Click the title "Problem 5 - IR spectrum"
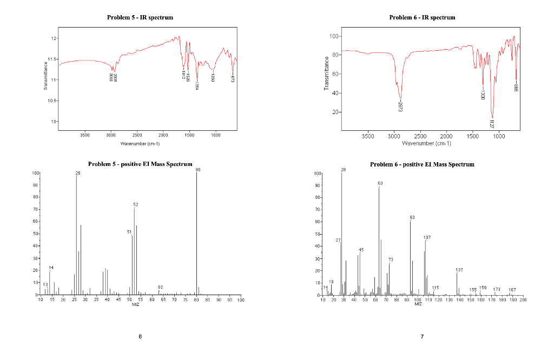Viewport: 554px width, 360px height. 140,17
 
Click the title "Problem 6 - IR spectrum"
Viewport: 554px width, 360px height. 422,17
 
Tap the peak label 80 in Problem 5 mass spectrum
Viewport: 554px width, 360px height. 198,169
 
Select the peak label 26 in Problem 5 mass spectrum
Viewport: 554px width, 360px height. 78,173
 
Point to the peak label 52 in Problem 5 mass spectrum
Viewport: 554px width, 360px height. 136,204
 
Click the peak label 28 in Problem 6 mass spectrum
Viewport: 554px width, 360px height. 343,170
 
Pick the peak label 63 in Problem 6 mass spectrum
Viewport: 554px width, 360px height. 380,183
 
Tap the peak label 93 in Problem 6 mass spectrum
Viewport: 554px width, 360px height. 412,217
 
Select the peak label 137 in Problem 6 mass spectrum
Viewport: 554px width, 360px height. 459,269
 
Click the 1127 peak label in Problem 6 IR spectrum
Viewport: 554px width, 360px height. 492,123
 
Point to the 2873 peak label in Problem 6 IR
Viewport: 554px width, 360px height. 400,106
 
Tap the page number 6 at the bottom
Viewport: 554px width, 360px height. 140,337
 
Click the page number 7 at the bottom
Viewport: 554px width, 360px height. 422,337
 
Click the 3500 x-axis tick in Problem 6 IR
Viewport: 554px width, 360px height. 367,136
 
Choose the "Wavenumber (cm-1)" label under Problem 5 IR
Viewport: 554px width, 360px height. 140,144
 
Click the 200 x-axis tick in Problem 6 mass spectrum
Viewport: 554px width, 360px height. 523,299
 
